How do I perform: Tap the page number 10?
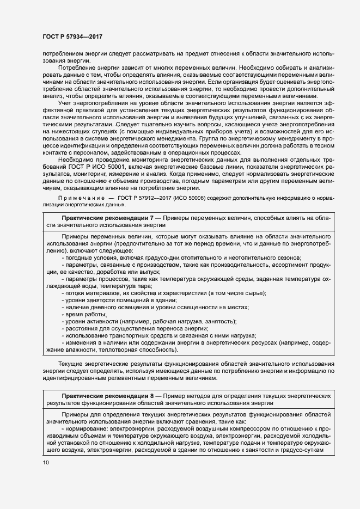point(46,462)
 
